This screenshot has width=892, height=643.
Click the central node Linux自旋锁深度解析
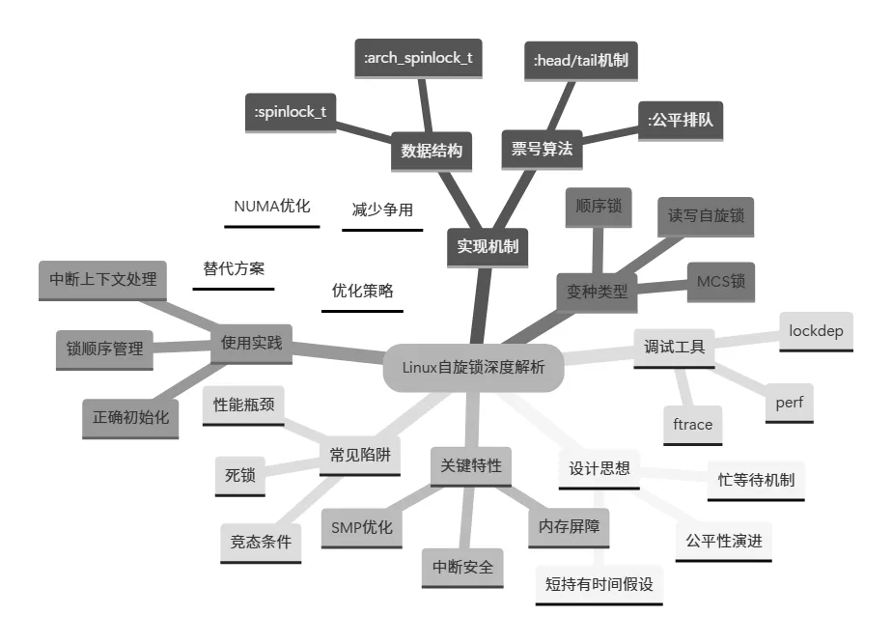472,367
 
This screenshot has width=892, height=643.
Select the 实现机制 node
488,246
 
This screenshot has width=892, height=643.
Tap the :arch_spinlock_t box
418,59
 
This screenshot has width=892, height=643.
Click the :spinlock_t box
290,112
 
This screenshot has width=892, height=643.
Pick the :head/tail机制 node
580,60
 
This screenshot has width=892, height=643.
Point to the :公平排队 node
680,121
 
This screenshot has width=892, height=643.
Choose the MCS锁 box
720,282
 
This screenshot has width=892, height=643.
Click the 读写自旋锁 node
705,216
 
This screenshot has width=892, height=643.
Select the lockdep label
816,330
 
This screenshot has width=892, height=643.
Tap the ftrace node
692,424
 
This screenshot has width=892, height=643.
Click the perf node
789,402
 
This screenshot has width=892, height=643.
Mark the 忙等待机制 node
756,479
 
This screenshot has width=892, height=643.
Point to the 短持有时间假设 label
599,584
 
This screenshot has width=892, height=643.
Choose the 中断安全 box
458,567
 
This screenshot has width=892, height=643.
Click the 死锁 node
239,475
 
